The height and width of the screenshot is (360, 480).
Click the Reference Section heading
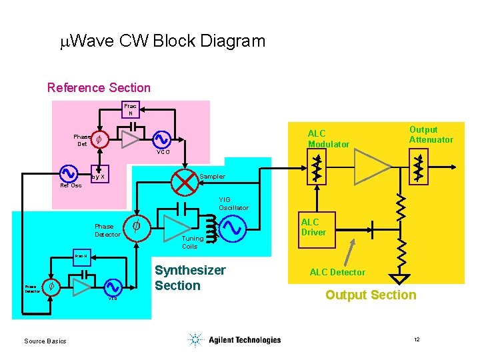[99, 88]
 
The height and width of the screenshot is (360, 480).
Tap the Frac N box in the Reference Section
[131, 109]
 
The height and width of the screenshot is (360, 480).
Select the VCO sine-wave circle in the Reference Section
[162, 139]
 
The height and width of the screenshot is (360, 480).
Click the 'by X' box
[99, 177]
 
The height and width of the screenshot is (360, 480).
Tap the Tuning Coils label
[193, 242]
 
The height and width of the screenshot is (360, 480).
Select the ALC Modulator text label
[328, 139]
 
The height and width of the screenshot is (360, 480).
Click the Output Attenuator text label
[431, 134]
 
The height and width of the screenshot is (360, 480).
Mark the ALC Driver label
[313, 227]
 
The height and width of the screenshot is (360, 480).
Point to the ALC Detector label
[337, 272]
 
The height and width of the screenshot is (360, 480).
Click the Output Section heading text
[371, 295]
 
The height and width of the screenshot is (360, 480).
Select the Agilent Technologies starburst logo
[195, 340]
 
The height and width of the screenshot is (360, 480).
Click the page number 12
[417, 340]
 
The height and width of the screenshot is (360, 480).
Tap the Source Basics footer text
[45, 341]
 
